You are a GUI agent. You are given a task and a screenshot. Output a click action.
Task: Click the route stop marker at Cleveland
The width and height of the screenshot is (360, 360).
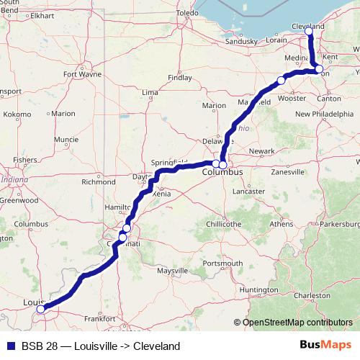(x=309, y=32)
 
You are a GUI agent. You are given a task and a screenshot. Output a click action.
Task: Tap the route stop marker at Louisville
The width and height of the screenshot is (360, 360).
(x=41, y=310)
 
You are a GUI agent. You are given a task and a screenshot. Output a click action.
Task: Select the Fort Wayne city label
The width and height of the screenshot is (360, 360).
(x=80, y=73)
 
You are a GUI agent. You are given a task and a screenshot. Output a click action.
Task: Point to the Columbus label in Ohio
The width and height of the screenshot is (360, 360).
(x=222, y=174)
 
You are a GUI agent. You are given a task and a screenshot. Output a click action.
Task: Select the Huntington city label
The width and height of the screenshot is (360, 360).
(x=258, y=289)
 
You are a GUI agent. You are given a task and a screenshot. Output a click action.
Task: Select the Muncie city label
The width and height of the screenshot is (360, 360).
(x=66, y=139)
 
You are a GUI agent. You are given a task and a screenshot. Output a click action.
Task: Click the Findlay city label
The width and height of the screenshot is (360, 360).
(x=179, y=77)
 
